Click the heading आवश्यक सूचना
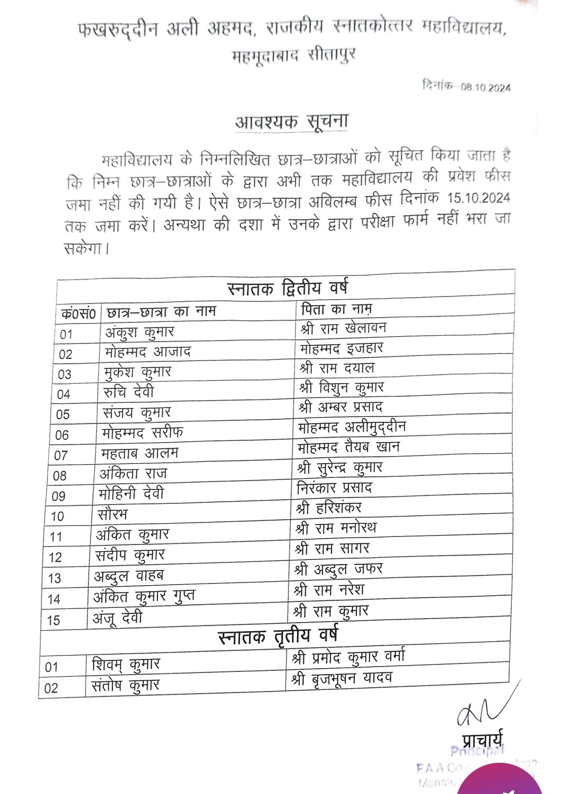click(x=291, y=122)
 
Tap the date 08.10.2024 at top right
click(x=485, y=87)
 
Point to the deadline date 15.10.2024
click(x=478, y=198)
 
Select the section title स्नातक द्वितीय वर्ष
click(x=288, y=288)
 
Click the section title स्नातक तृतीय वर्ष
click(x=278, y=635)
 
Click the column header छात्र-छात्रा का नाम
click(x=161, y=312)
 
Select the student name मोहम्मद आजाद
click(x=148, y=352)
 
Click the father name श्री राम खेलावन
click(x=344, y=328)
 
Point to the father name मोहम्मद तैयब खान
click(x=349, y=447)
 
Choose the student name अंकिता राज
click(x=133, y=473)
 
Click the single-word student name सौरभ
click(x=113, y=514)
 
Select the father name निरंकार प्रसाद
click(x=334, y=487)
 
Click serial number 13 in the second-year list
click(x=54, y=578)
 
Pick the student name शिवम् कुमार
click(x=125, y=664)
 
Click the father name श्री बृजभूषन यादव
click(x=342, y=679)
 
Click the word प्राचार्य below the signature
click(x=482, y=740)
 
